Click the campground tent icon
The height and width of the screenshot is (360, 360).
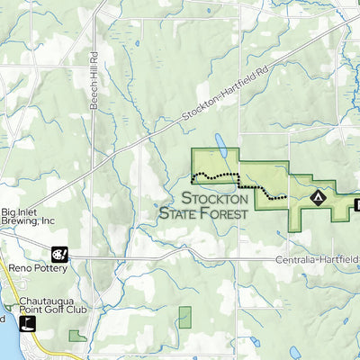pos(317,195)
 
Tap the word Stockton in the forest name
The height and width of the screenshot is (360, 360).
pos(217,198)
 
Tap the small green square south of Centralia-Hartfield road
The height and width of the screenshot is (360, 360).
pos(184,317)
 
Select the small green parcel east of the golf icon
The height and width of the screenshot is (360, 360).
pos(77,336)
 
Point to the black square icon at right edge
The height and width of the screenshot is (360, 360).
pos(356,205)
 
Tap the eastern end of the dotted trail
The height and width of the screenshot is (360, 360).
pos(285,195)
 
